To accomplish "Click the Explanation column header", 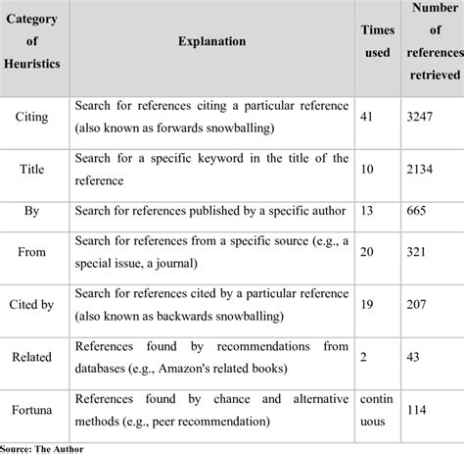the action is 211,42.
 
